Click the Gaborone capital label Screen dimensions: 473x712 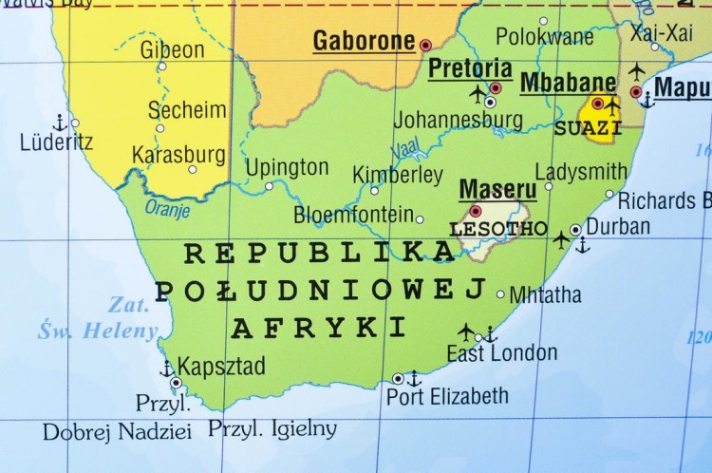point(364,42)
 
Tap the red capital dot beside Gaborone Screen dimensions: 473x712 point(425,45)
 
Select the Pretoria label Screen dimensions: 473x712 point(470,68)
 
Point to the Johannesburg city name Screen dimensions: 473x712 point(458,120)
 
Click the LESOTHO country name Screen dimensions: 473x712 point(498,229)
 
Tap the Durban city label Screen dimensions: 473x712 point(618,226)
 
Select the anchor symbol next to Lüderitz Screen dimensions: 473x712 point(59,123)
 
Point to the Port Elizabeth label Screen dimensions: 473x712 point(447,396)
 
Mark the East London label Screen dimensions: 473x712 point(502,353)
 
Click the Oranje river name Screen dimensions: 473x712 point(167,208)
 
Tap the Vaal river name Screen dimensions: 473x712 point(405,149)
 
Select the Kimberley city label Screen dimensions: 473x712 point(398,175)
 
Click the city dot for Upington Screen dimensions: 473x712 point(269,186)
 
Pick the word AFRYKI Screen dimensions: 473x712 point(319,329)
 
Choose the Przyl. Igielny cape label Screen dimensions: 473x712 point(272,428)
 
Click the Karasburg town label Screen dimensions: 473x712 point(178,153)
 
